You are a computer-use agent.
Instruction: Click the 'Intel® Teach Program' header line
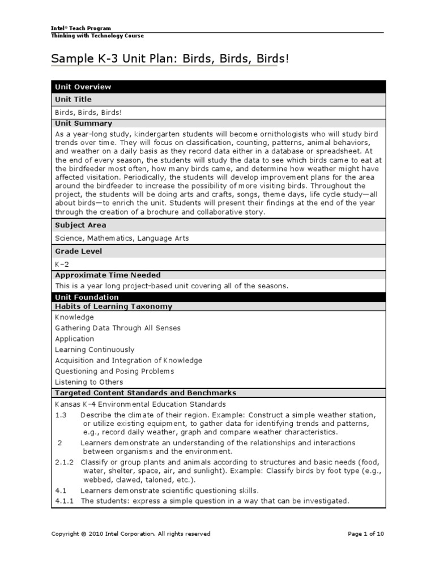click(81, 28)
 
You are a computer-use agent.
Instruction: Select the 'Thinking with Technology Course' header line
click(97, 36)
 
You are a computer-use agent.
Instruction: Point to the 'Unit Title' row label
click(73, 99)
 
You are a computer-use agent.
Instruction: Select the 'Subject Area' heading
click(80, 225)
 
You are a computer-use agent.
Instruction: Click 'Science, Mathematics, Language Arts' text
click(122, 238)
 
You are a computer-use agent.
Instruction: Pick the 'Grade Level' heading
click(78, 251)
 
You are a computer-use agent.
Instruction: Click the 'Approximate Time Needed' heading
click(108, 275)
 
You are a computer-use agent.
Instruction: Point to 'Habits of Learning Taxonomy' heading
click(113, 306)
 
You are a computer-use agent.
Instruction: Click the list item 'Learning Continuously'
click(95, 349)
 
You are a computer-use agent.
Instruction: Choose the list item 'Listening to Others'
click(89, 382)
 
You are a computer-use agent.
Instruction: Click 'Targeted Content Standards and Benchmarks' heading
click(146, 393)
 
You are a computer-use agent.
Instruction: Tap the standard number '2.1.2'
click(65, 462)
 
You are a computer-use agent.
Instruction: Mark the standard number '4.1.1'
click(65, 501)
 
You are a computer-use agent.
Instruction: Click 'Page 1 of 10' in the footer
click(365, 534)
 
